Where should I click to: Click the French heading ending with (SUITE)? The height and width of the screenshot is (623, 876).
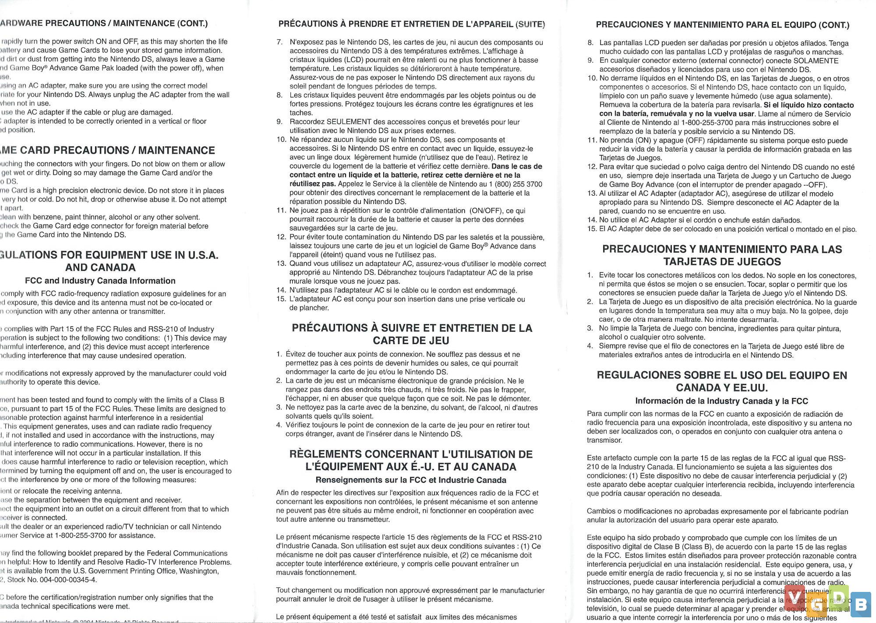pos(412,24)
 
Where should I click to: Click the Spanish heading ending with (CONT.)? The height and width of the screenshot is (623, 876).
pos(722,25)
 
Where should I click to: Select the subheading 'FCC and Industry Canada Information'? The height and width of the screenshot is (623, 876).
pos(100,281)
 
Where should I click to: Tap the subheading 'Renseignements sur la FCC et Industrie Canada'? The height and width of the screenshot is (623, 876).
pos(411,480)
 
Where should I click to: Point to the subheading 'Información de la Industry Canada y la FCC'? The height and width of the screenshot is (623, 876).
pos(721,401)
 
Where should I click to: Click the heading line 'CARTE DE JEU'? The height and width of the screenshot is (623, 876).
pos(411,341)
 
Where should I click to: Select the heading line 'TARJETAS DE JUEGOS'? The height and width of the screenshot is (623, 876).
pos(722,262)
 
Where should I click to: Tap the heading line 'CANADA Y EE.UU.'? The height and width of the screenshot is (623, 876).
pos(721,388)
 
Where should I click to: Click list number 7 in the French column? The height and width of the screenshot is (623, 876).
pos(279,42)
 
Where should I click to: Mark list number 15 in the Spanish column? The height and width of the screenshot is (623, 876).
pos(592,229)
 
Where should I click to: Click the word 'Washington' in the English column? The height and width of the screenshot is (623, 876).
pos(201,571)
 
